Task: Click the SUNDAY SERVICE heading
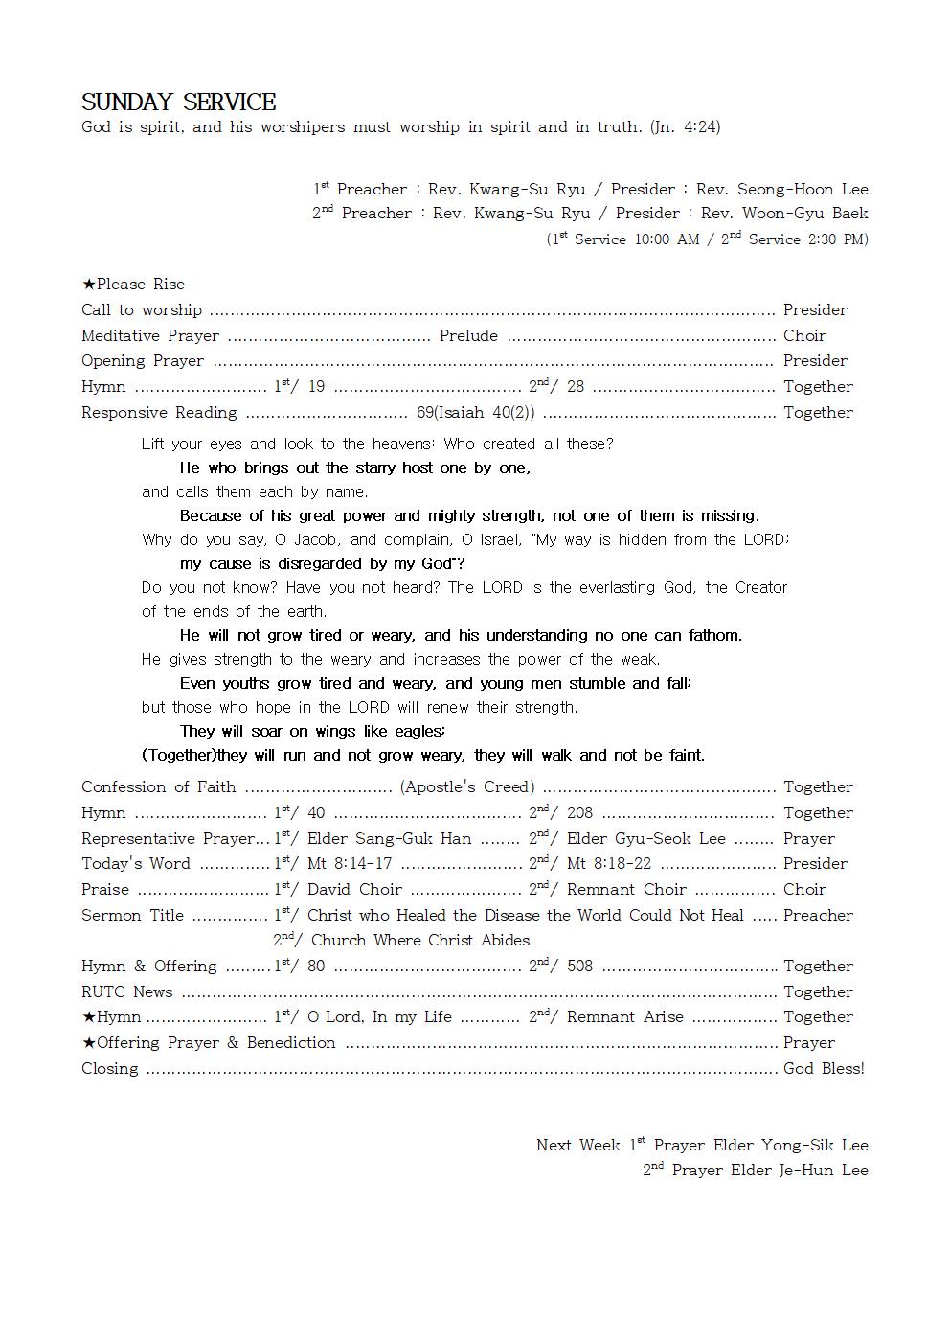pos(178,103)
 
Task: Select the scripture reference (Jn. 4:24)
pos(685,126)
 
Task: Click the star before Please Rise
pos(88,285)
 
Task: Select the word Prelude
pos(468,335)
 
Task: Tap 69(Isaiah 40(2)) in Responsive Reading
pos(475,413)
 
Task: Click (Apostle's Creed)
pos(467,786)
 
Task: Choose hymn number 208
pos(579,813)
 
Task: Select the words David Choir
pos(354,890)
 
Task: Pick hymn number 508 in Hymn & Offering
pos(579,967)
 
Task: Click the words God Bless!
pos(824,1069)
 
